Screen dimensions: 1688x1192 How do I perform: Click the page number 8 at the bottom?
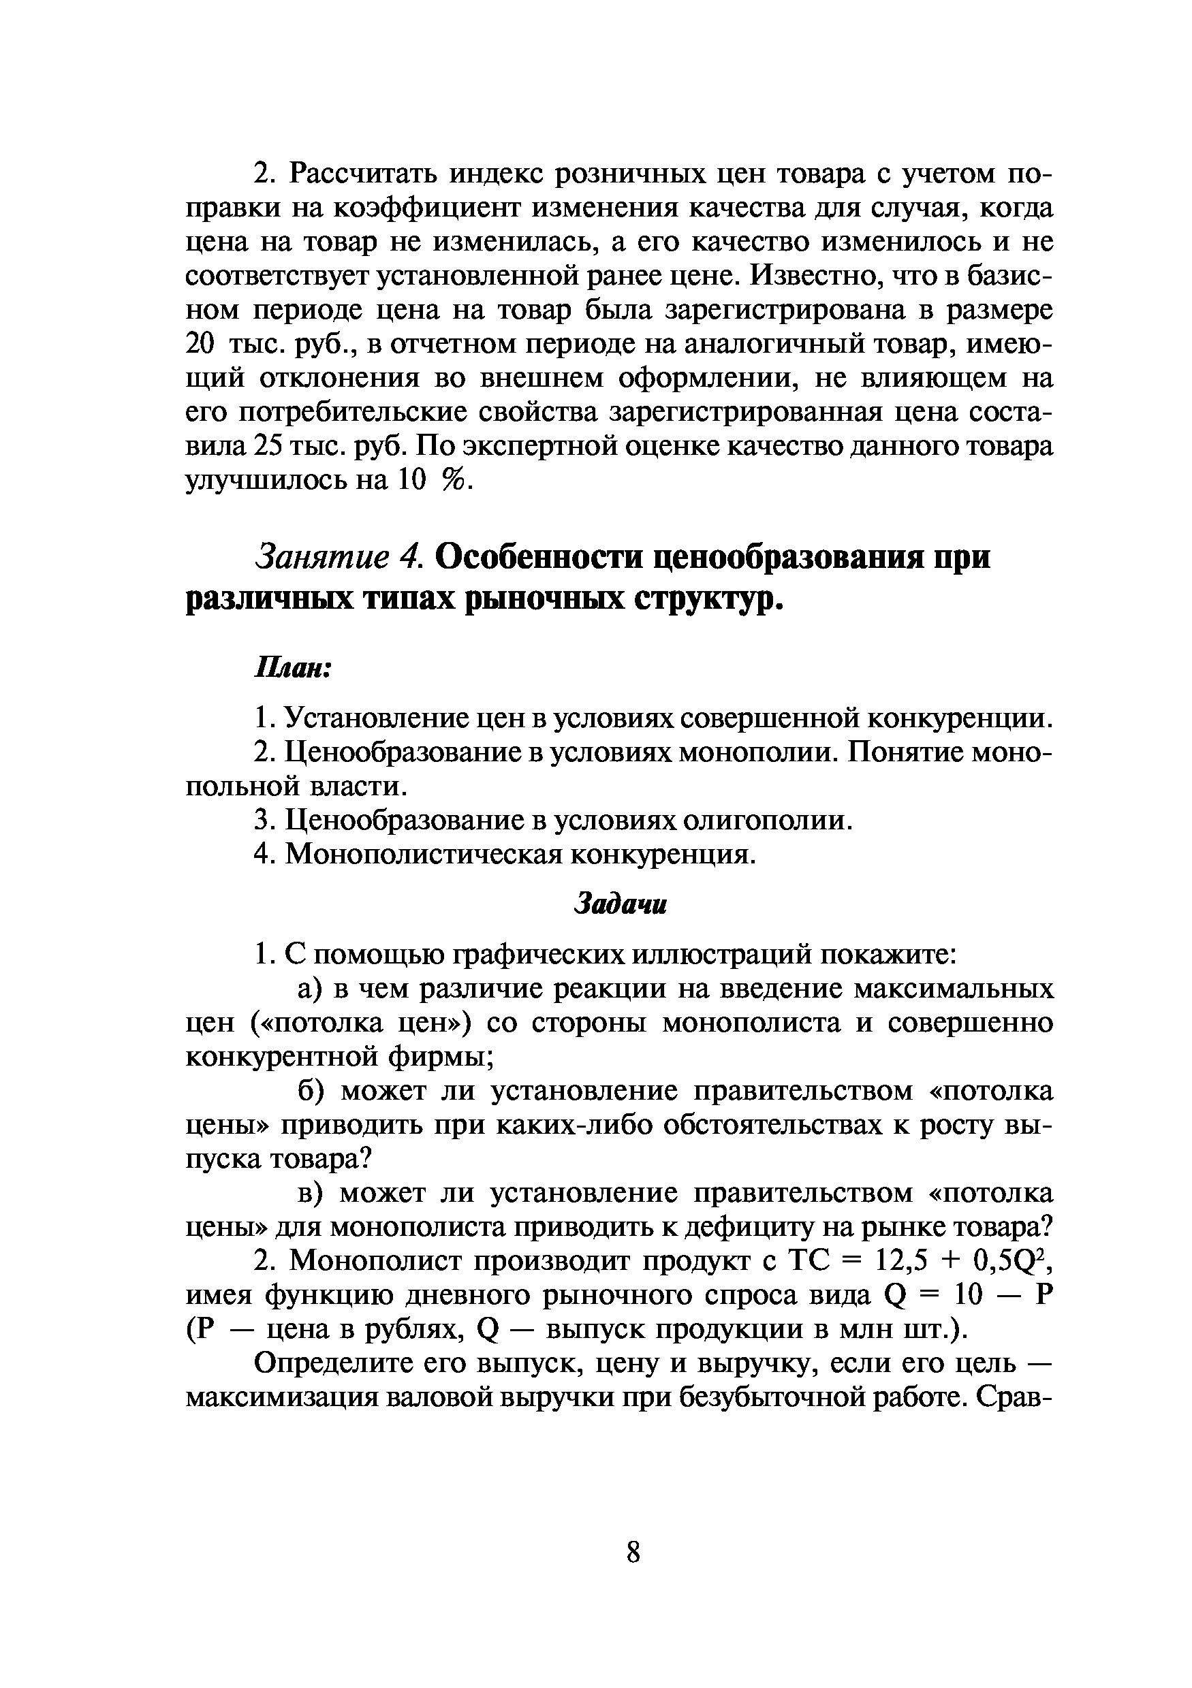coord(633,1553)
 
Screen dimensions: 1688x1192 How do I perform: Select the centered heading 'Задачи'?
coord(620,904)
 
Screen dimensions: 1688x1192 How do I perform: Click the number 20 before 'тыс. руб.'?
coord(200,344)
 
